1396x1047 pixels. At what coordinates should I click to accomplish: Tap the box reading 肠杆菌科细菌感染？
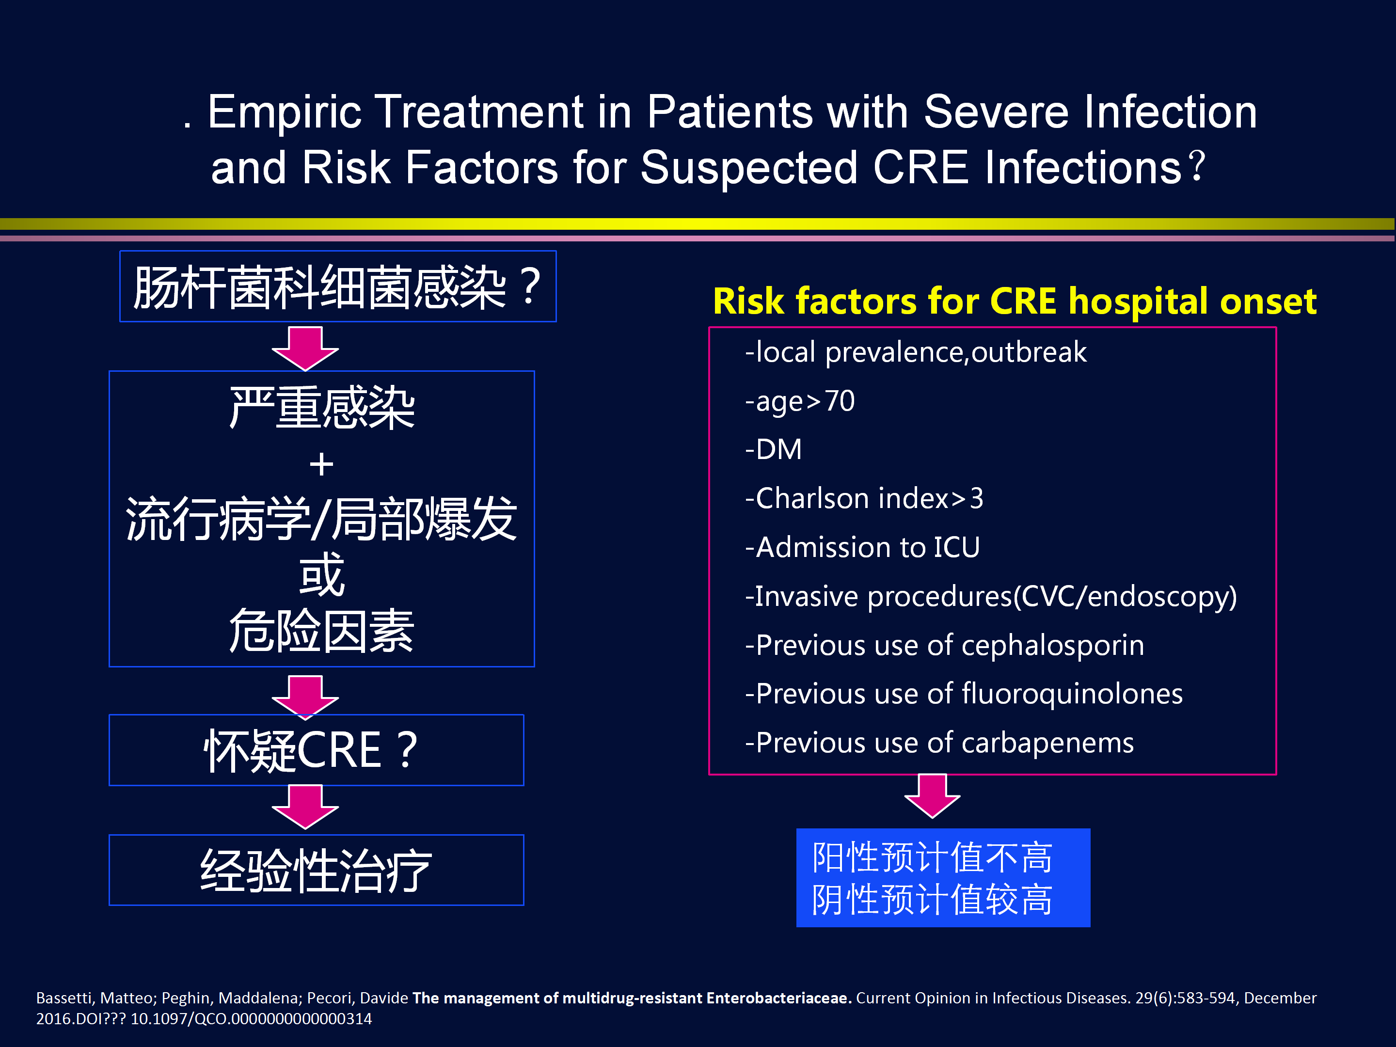[x=338, y=286]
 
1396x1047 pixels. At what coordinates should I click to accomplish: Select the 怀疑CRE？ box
[x=316, y=750]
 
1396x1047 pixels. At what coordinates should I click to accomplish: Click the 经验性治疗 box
[x=316, y=870]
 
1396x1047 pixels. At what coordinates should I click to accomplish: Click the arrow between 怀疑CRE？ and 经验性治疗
[x=305, y=807]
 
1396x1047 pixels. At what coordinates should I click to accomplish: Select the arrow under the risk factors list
[x=932, y=796]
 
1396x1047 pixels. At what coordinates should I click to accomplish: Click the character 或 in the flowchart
[x=322, y=574]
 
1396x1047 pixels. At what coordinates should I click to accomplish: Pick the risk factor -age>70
[x=800, y=401]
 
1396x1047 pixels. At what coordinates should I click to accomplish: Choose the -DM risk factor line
[x=773, y=450]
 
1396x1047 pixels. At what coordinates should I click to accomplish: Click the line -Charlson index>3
[x=864, y=499]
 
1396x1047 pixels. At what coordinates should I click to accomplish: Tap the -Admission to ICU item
[x=862, y=547]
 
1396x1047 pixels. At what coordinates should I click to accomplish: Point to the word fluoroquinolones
[x=1072, y=694]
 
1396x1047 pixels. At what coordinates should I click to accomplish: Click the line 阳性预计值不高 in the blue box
[x=932, y=857]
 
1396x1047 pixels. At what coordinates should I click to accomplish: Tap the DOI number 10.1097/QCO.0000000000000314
[x=251, y=1018]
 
